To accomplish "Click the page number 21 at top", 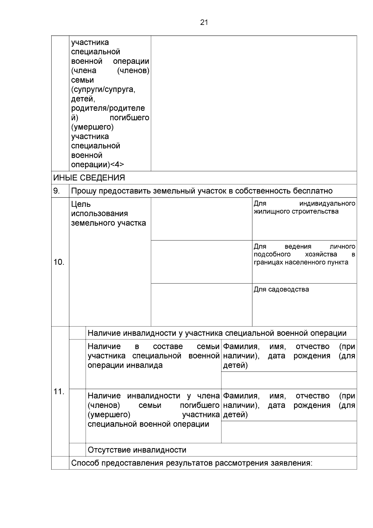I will pyautogui.click(x=204, y=22).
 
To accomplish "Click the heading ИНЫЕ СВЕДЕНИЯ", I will pyautogui.click(x=89, y=178).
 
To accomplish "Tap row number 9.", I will pyautogui.click(x=57, y=191).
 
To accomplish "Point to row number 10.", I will pyautogui.click(x=59, y=262).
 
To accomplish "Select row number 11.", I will pyautogui.click(x=59, y=391).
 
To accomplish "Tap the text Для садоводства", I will pyautogui.click(x=281, y=289).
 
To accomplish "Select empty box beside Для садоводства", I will pyautogui.click(x=201, y=305).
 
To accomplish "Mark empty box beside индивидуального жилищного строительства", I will pyautogui.click(x=201, y=219).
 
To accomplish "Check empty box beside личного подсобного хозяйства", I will pyautogui.click(x=201, y=262).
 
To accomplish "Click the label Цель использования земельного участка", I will pyautogui.click(x=108, y=213).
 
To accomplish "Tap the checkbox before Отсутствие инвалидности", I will pyautogui.click(x=77, y=450).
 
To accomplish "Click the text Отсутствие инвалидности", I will pyautogui.click(x=137, y=450).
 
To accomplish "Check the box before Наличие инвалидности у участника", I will pyautogui.click(x=77, y=333).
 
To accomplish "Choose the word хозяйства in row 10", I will pyautogui.click(x=321, y=255).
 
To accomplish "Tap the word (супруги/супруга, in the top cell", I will pyautogui.click(x=103, y=90).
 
